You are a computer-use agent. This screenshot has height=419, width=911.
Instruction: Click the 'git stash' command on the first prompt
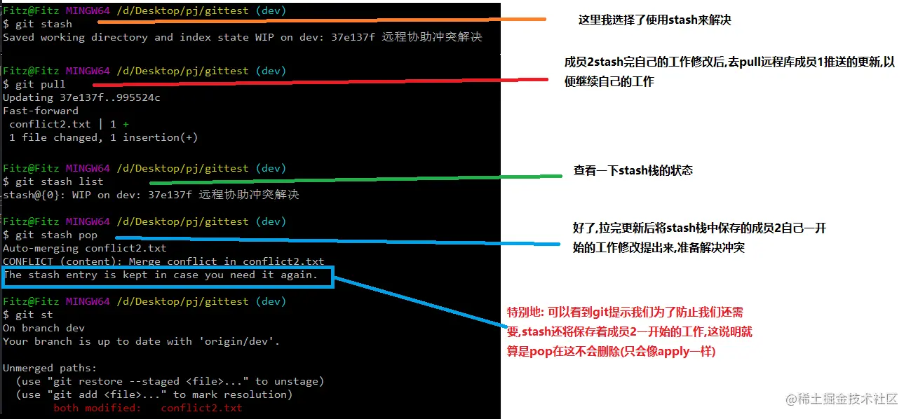pos(43,24)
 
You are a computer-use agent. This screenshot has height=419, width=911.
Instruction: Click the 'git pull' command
pos(40,84)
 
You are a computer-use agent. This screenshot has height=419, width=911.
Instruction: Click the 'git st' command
pos(34,315)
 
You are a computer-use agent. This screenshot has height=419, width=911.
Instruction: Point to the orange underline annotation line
pos(316,20)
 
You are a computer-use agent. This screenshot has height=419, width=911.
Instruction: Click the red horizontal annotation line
pos(316,81)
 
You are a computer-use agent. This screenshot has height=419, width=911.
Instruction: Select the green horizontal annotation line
pos(351,179)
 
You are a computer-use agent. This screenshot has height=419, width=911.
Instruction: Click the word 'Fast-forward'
pos(41,111)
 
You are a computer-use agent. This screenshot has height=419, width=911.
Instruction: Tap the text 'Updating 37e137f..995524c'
pos(81,97)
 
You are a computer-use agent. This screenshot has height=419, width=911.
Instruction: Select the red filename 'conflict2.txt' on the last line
pos(201,408)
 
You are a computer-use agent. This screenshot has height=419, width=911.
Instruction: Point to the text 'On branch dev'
pos(43,328)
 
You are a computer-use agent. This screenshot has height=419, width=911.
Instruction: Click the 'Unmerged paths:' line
pos(50,368)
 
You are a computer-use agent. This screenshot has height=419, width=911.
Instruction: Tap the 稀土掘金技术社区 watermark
pos(842,399)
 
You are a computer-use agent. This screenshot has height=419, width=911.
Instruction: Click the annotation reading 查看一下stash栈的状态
pos(633,170)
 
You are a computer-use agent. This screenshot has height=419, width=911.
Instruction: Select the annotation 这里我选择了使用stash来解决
pos(654,20)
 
